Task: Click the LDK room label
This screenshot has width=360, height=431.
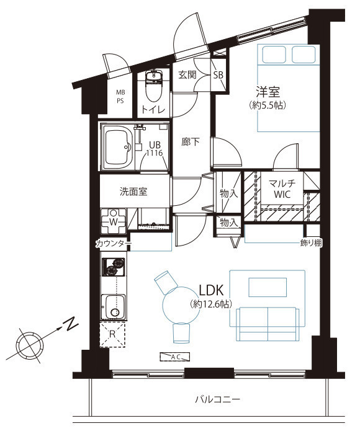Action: [211, 290]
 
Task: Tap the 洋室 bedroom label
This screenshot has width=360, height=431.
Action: [268, 92]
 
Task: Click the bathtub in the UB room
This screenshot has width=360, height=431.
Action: [119, 147]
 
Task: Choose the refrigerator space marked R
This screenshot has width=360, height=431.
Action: [112, 334]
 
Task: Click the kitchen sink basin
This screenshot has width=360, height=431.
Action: [114, 307]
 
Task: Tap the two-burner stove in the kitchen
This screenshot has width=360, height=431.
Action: [114, 267]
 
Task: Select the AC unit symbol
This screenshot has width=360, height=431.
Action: [175, 357]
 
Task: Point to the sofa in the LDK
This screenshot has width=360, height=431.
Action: [268, 324]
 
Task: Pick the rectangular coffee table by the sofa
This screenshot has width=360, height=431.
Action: [268, 287]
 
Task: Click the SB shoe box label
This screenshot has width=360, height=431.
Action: [218, 74]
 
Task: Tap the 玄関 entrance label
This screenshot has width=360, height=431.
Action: [187, 74]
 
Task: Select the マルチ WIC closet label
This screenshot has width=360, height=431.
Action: [282, 189]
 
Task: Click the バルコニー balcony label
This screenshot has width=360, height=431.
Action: [217, 399]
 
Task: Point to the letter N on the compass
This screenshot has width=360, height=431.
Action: [71, 324]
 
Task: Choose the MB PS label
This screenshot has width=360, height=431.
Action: [120, 97]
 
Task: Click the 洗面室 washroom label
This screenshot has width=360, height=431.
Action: [133, 191]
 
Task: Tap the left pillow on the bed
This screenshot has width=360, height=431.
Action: [274, 55]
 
